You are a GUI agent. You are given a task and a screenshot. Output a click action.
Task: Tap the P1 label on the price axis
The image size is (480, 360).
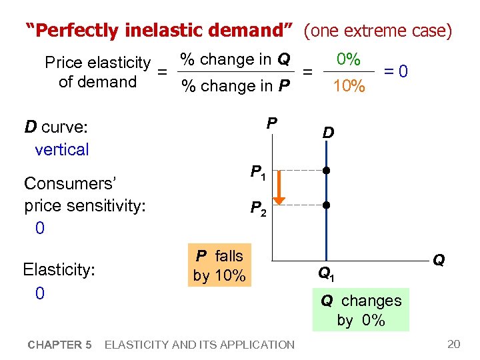pos(258,173)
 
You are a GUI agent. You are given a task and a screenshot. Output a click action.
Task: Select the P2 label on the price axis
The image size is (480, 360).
pos(258,209)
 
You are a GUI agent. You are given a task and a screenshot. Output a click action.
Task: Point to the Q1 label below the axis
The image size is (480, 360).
pos(326,272)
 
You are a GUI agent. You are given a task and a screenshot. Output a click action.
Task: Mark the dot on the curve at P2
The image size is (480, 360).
pos(326,205)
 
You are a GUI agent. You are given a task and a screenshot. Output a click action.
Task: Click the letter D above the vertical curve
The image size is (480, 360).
pos(328,133)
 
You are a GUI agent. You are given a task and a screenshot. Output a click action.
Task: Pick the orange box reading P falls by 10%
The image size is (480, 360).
pos(219,266)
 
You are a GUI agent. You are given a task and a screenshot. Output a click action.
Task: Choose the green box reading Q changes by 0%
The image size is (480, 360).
pos(361,310)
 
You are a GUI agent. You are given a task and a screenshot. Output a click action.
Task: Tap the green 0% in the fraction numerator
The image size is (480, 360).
pos(348,59)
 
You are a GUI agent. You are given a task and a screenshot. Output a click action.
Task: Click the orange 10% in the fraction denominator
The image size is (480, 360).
pos(348,86)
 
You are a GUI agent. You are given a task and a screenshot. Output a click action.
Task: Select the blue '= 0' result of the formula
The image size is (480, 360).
pos(396,71)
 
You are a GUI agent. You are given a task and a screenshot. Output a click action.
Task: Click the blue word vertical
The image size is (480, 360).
pos(61,149)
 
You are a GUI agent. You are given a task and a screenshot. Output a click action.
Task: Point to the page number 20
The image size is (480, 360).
pos(453,344)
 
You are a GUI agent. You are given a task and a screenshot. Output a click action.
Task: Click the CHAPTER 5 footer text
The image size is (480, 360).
pos(60,345)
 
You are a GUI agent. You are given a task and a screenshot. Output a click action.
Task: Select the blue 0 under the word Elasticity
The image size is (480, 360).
pos(39,293)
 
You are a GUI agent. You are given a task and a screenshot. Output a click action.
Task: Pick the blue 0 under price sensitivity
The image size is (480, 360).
pos(39,229)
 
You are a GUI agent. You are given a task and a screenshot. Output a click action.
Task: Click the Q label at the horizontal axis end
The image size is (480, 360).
pos(439,260)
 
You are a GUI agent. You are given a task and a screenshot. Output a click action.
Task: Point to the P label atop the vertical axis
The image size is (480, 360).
pos(272,123)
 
